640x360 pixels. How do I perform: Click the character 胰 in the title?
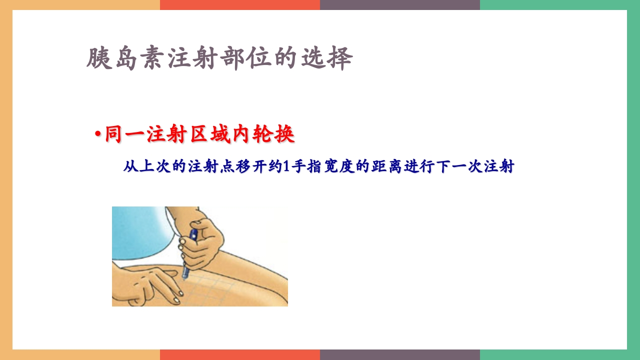(98, 59)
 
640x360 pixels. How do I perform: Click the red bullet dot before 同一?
(98, 135)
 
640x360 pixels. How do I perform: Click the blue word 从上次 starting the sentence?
(145, 166)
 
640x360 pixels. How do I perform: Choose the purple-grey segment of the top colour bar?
(400, 4)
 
